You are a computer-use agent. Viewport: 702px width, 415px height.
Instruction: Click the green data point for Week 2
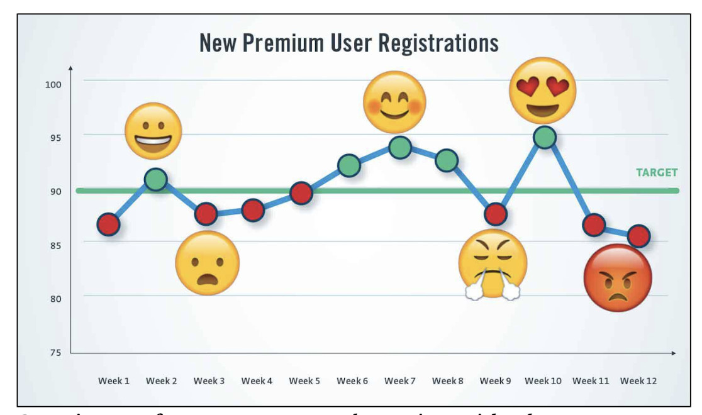click(155, 180)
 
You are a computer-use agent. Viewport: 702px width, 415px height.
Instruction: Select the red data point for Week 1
click(108, 224)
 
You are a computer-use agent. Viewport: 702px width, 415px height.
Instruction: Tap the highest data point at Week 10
click(545, 136)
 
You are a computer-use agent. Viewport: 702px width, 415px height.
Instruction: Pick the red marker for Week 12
click(638, 236)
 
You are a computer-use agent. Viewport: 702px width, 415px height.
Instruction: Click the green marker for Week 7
click(399, 147)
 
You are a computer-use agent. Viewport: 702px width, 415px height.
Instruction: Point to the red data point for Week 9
click(496, 214)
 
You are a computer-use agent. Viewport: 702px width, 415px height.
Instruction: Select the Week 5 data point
click(301, 193)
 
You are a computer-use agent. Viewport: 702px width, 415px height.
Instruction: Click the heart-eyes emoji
click(542, 90)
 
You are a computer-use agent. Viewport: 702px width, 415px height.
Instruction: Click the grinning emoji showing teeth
click(153, 131)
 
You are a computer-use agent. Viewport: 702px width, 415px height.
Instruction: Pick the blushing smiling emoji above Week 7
click(395, 102)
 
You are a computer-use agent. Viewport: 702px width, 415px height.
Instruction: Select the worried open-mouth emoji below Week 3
click(207, 262)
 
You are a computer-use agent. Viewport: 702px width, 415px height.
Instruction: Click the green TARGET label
click(656, 172)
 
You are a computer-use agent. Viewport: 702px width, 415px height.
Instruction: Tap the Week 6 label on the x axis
click(352, 381)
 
